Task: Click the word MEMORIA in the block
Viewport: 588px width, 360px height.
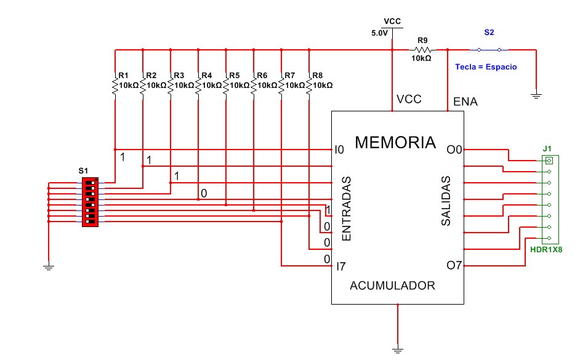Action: click(395, 143)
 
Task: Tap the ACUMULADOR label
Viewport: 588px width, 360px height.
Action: click(392, 286)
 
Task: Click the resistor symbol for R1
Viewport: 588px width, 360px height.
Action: click(115, 86)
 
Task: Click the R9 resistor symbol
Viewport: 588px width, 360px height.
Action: click(422, 50)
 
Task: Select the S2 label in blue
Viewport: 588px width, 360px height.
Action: click(488, 32)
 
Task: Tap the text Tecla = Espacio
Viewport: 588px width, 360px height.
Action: click(486, 66)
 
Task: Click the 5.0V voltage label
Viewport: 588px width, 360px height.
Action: click(379, 33)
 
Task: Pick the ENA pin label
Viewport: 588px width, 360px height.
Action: click(464, 100)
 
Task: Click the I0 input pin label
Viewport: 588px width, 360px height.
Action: click(339, 150)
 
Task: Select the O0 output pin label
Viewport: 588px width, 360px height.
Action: click(454, 150)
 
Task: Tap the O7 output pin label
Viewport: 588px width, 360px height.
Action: click(454, 266)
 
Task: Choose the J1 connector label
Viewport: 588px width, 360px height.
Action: click(547, 148)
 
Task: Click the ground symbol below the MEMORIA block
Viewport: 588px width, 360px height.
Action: click(398, 349)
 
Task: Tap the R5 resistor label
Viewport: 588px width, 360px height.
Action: click(234, 76)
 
